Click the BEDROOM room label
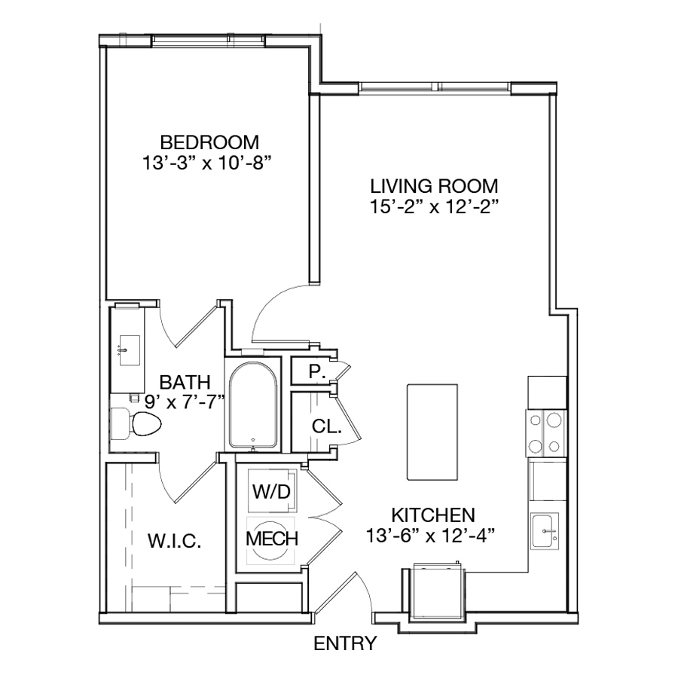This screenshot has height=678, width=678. pyautogui.click(x=209, y=142)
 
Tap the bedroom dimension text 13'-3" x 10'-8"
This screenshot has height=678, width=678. pyautogui.click(x=209, y=163)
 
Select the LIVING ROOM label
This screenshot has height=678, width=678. pyautogui.click(x=434, y=186)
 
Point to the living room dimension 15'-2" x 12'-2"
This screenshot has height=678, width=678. pyautogui.click(x=434, y=207)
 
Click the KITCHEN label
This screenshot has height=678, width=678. pyautogui.click(x=433, y=515)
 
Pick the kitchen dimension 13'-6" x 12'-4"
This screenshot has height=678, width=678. pyautogui.click(x=430, y=536)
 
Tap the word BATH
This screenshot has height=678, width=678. pyautogui.click(x=185, y=382)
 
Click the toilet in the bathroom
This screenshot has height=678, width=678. pyautogui.click(x=136, y=423)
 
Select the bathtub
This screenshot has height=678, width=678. pyautogui.click(x=253, y=405)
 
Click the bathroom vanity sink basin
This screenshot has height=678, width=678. pyautogui.click(x=129, y=350)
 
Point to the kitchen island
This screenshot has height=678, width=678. pyautogui.click(x=432, y=432)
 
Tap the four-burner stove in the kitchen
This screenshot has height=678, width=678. pyautogui.click(x=545, y=433)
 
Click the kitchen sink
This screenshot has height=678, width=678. pyautogui.click(x=545, y=531)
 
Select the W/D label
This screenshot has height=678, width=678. pyautogui.click(x=271, y=492)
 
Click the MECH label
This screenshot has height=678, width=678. pyautogui.click(x=272, y=539)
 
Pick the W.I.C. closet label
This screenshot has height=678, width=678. pyautogui.click(x=175, y=541)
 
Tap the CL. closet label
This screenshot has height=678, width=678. pyautogui.click(x=327, y=427)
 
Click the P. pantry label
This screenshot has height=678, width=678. pyautogui.click(x=317, y=371)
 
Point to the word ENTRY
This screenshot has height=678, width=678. pyautogui.click(x=345, y=643)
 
